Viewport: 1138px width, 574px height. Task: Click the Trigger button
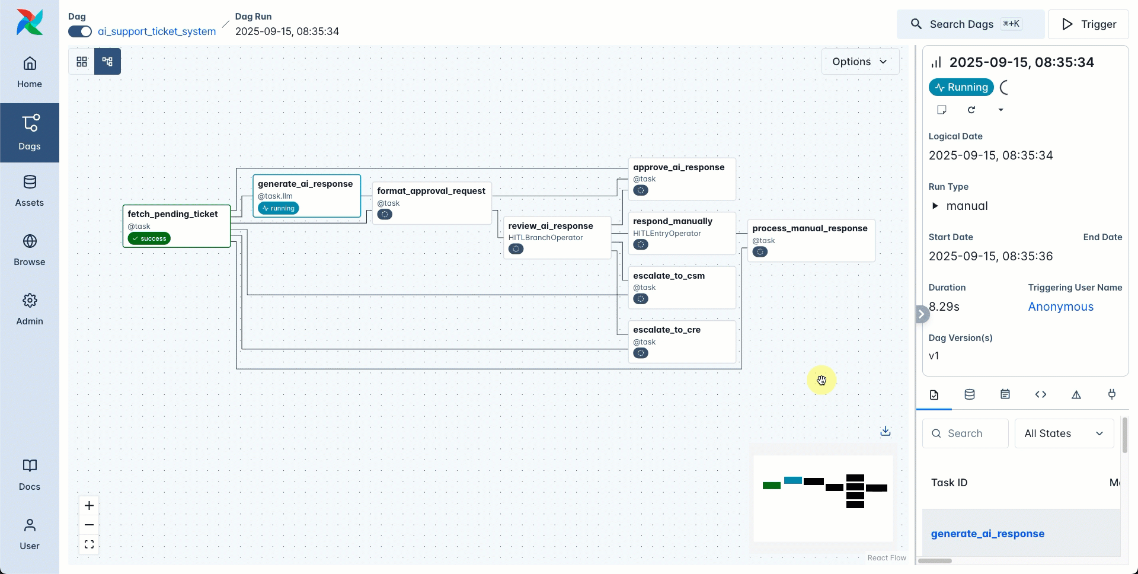pyautogui.click(x=1088, y=24)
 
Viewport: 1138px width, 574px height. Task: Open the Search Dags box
pyautogui.click(x=970, y=24)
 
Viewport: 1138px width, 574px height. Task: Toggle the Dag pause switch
pyautogui.click(x=80, y=31)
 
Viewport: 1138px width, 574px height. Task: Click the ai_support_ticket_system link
pyautogui.click(x=156, y=31)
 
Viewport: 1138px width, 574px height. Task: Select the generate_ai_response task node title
pyautogui.click(x=305, y=184)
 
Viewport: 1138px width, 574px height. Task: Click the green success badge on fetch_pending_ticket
pyautogui.click(x=149, y=238)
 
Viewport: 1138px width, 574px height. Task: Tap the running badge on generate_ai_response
pyautogui.click(x=278, y=208)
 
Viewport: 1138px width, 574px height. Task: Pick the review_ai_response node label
pyautogui.click(x=550, y=226)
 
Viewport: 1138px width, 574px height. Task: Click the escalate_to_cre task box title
pyautogui.click(x=666, y=330)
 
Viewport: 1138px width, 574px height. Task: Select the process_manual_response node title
pyautogui.click(x=809, y=228)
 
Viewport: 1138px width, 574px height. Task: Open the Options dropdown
pyautogui.click(x=859, y=62)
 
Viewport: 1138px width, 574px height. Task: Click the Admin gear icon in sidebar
pyautogui.click(x=30, y=301)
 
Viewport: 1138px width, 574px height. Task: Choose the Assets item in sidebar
pyautogui.click(x=30, y=190)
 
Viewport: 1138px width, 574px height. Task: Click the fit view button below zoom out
pyautogui.click(x=89, y=544)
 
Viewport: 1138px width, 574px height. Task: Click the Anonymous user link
pyautogui.click(x=1060, y=307)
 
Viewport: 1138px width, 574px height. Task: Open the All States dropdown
pyautogui.click(x=1063, y=433)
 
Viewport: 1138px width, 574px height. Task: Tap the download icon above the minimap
pyautogui.click(x=885, y=431)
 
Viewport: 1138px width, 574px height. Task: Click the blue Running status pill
pyautogui.click(x=961, y=87)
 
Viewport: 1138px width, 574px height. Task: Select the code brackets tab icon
pyautogui.click(x=1040, y=394)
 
